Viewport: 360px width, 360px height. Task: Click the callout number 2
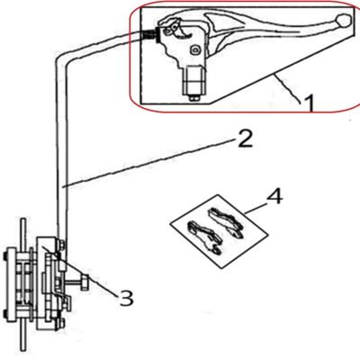pyautogui.click(x=245, y=139)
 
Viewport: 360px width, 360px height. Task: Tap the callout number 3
pyautogui.click(x=126, y=298)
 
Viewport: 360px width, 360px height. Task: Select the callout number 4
pyautogui.click(x=274, y=197)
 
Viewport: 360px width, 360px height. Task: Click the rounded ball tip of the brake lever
pyautogui.click(x=344, y=20)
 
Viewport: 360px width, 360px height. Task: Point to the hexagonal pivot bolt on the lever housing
pyautogui.click(x=196, y=49)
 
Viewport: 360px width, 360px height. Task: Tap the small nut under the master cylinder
pyautogui.click(x=193, y=97)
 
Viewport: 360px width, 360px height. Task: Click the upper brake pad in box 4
pyautogui.click(x=226, y=221)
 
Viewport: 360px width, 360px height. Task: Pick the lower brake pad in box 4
pyautogui.click(x=206, y=237)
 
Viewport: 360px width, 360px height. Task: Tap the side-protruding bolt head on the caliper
pyautogui.click(x=85, y=283)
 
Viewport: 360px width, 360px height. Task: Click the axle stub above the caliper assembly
pyautogui.click(x=22, y=232)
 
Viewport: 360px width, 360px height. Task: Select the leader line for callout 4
pyautogui.click(x=255, y=208)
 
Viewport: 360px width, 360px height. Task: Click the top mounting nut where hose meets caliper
pyautogui.click(x=62, y=245)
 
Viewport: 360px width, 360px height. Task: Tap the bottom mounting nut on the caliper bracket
pyautogui.click(x=61, y=323)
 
